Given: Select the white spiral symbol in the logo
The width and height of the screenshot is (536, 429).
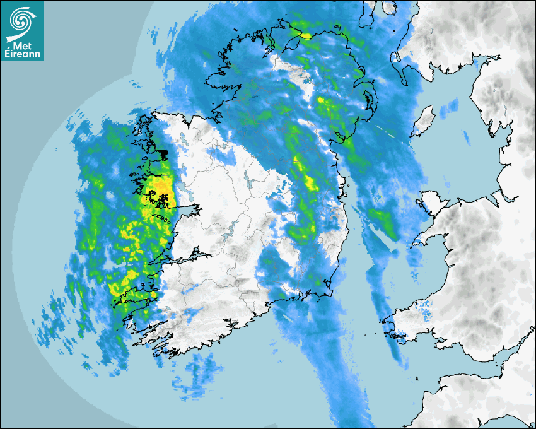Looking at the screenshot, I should (21, 21).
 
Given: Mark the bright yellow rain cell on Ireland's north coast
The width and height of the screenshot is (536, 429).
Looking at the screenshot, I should (306, 35).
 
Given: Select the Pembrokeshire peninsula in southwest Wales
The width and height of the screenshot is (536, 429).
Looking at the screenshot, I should (404, 322).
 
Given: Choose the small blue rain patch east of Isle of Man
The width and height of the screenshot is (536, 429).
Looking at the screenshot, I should (465, 137).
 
